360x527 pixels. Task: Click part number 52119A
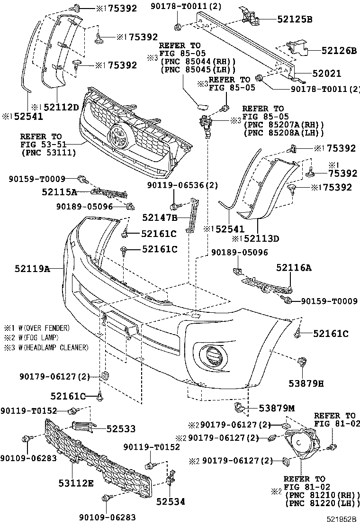(32, 269)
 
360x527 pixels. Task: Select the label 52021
(327, 73)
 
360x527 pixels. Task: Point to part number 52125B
(295, 19)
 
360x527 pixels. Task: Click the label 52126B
(339, 50)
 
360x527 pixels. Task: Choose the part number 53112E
(76, 483)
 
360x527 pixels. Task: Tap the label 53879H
(306, 383)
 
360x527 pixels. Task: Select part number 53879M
(277, 408)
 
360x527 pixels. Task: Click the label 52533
(121, 428)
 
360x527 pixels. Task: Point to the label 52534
(171, 501)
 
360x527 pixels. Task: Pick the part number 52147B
(160, 218)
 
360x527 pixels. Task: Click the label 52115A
(59, 192)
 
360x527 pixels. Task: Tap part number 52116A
(294, 268)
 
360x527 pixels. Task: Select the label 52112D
(61, 107)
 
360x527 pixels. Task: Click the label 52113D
(261, 239)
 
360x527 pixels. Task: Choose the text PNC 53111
(48, 153)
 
